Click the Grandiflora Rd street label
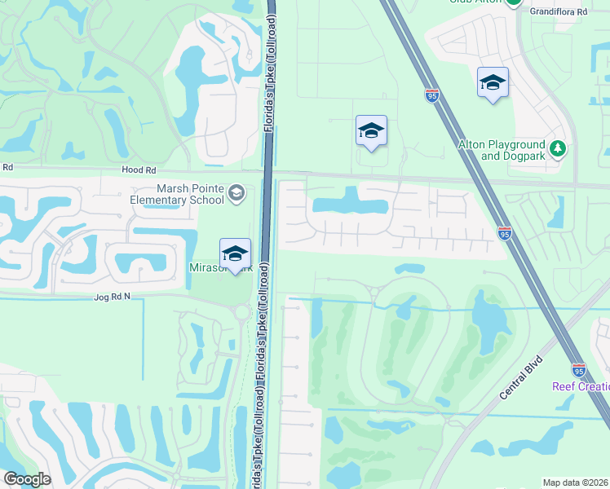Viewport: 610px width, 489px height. [559, 12]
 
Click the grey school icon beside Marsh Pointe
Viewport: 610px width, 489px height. [236, 193]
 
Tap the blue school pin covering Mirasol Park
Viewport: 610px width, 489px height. [235, 253]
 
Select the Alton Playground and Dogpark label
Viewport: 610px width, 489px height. [501, 150]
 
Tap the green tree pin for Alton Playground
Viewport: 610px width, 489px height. [558, 148]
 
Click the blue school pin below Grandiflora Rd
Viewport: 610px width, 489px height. [493, 82]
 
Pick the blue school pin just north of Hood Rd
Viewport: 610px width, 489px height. [371, 130]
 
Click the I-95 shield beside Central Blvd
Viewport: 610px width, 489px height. [578, 370]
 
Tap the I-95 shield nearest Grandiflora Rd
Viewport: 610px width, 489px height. [431, 95]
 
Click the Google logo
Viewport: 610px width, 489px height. [27, 479]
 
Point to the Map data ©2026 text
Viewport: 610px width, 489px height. [575, 482]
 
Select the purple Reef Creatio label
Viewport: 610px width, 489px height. [581, 386]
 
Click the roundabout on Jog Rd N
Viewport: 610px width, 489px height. [242, 311]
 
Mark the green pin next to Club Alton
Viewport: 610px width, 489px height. [513, 2]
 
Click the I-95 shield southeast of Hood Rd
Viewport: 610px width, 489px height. [505, 234]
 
